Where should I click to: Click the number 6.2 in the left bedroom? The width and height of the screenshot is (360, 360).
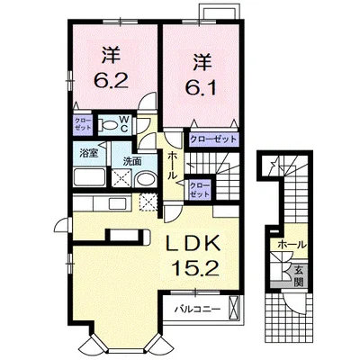[x=112, y=80]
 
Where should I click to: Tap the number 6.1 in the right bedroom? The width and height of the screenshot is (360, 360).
[x=200, y=87]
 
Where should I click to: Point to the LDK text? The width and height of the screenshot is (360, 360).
[x=193, y=244]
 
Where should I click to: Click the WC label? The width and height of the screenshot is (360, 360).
[x=124, y=124]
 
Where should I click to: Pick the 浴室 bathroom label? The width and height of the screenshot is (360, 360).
[x=88, y=154]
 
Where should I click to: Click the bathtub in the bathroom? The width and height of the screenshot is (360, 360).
[x=90, y=177]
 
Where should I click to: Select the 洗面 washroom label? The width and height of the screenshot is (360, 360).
[x=132, y=161]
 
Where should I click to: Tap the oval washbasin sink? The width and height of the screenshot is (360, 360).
[x=146, y=179]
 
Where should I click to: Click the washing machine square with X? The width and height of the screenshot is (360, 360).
[x=121, y=177]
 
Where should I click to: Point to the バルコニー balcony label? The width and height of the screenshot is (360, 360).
[x=198, y=309]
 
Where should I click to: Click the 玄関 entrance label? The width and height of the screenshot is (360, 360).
[x=298, y=276]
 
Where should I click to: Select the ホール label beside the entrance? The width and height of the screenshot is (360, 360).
[x=292, y=245]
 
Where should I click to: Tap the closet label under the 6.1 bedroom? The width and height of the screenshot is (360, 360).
[x=213, y=139]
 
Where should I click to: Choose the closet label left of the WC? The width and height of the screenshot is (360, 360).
[x=83, y=123]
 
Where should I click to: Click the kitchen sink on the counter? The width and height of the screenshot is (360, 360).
[x=119, y=204]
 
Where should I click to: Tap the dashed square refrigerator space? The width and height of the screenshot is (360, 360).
[x=148, y=202]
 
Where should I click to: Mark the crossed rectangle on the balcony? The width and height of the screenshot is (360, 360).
[x=234, y=309]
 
